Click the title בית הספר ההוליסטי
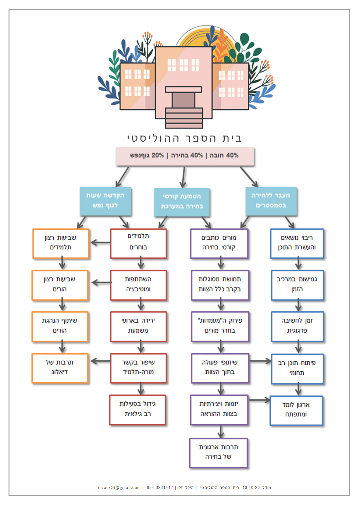[x=184, y=138]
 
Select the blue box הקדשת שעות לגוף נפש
[x=105, y=201]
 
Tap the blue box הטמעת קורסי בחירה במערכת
[x=182, y=202]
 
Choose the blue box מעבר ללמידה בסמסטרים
[x=271, y=201]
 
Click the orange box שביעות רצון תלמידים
[x=61, y=243]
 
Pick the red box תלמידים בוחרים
[x=138, y=243]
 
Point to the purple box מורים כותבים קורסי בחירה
[x=219, y=243]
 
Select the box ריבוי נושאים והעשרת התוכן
[x=297, y=243]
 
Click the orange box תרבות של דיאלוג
[x=60, y=368]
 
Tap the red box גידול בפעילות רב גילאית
[x=138, y=409]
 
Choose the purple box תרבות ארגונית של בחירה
[x=218, y=452]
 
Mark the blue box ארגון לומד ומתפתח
[x=296, y=410]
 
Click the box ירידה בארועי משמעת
[x=138, y=326]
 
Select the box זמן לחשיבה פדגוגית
[x=297, y=326]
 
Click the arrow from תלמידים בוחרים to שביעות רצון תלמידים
[x=100, y=242]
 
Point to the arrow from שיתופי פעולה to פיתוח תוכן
[x=260, y=361]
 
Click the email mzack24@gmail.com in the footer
[x=119, y=487]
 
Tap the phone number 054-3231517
[x=160, y=487]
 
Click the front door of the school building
[x=184, y=100]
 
